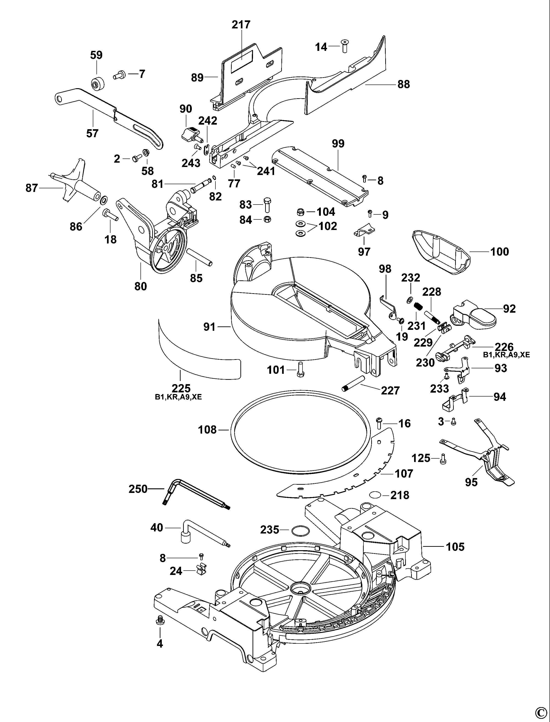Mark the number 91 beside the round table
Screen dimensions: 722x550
tap(209, 326)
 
